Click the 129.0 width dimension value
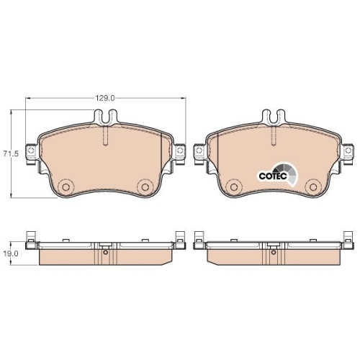pyautogui.click(x=105, y=98)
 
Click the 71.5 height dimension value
pyautogui.click(x=11, y=154)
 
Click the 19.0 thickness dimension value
pyautogui.click(x=11, y=254)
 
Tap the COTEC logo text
pyautogui.click(x=273, y=176)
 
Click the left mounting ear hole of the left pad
pyautogui.click(x=31, y=150)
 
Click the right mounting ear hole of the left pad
pyautogui.click(x=180, y=150)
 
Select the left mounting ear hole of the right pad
pyautogui.click(x=199, y=150)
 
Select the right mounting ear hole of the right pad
pyautogui.click(x=348, y=150)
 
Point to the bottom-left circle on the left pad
pyautogui.click(x=66, y=186)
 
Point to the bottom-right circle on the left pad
pyautogui.click(x=145, y=186)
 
